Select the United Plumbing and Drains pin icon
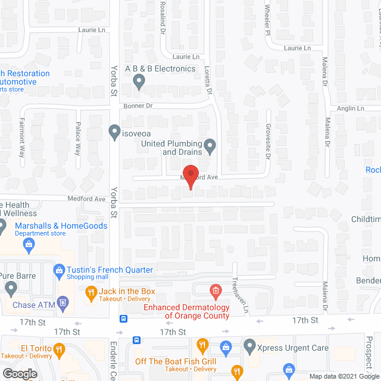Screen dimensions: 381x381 pos(210,145)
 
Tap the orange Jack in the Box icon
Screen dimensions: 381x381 pos(91,292)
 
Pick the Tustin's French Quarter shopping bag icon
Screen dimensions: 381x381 pos(59,270)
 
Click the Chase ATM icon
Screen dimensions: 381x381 pos(63,305)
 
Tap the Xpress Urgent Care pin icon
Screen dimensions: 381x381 pos(250,345)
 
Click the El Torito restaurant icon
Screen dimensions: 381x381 pos(59,349)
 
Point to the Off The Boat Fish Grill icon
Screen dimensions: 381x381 pos(203,345)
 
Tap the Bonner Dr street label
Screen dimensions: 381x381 pos(139,105)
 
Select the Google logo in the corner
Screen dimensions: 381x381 pos(19,373)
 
